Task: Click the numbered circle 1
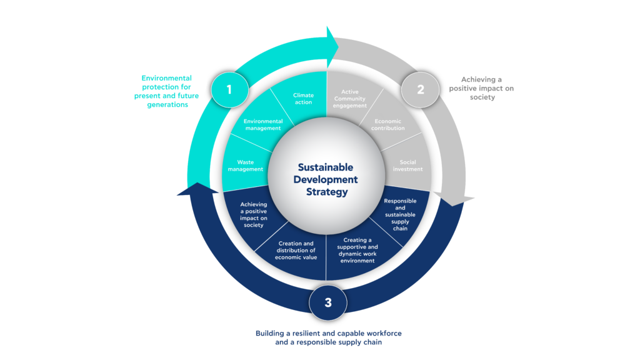coord(230,89)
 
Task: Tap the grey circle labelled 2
coord(421,90)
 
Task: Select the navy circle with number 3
coord(328,302)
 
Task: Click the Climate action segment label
coord(303,99)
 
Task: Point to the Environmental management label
coord(263,124)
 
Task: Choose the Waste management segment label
coord(245,166)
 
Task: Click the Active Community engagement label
coord(350,99)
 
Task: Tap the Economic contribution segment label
coord(387,124)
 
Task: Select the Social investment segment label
coord(407,166)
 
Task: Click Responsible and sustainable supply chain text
coord(400,215)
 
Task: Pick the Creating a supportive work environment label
coord(357,250)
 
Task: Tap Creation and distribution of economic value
coord(296,250)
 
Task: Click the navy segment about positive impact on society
coord(254,215)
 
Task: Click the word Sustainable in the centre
coord(326,167)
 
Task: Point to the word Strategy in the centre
coord(327,192)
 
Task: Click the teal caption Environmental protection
coord(166,91)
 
